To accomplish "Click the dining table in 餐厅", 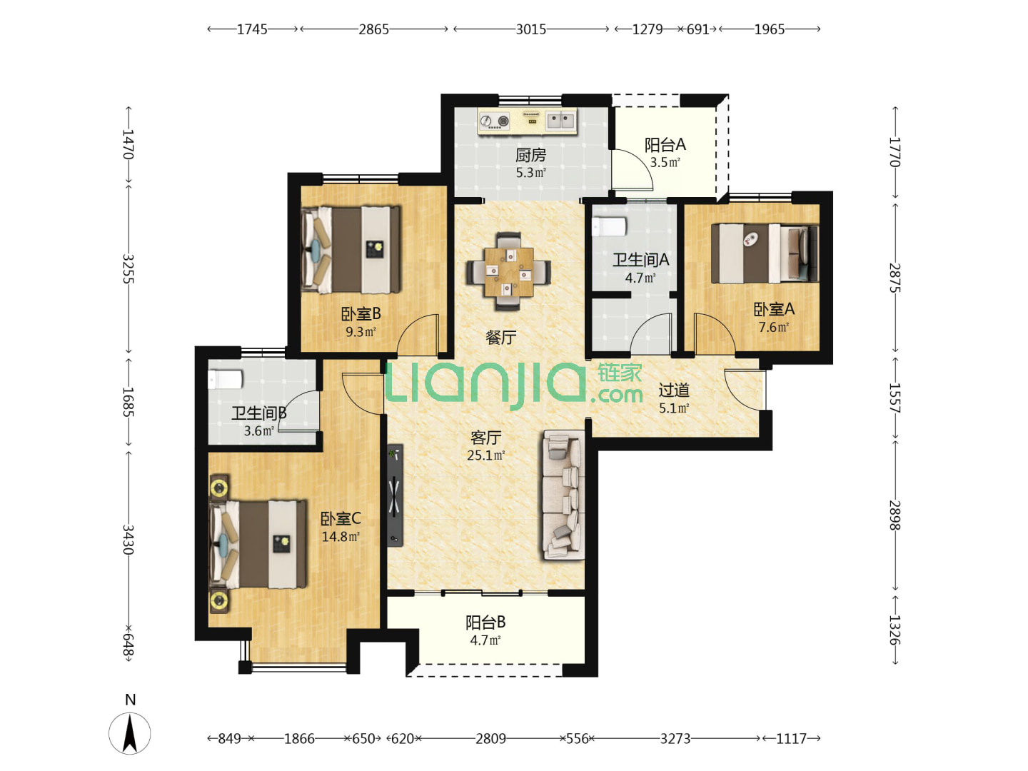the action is (x=508, y=271).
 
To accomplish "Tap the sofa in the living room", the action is (x=563, y=495).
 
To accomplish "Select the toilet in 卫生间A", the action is (x=609, y=226).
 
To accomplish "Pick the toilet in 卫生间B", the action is (x=226, y=379).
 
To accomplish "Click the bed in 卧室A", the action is (x=765, y=253).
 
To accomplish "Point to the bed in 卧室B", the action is (x=351, y=250).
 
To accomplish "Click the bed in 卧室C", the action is (x=258, y=545).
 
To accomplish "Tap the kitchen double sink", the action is (x=560, y=121).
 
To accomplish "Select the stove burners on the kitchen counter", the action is (x=494, y=121).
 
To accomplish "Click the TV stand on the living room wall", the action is (x=395, y=495).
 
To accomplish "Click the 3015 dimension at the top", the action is (x=530, y=29).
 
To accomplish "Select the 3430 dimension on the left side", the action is (x=128, y=540).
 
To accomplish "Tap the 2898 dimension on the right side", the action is (x=895, y=515).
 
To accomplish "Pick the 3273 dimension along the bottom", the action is (x=675, y=739).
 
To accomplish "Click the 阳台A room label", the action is (x=665, y=145).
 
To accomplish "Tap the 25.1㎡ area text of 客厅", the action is (x=485, y=455).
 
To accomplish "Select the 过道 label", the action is (x=673, y=390).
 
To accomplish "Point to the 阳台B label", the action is (x=485, y=622).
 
